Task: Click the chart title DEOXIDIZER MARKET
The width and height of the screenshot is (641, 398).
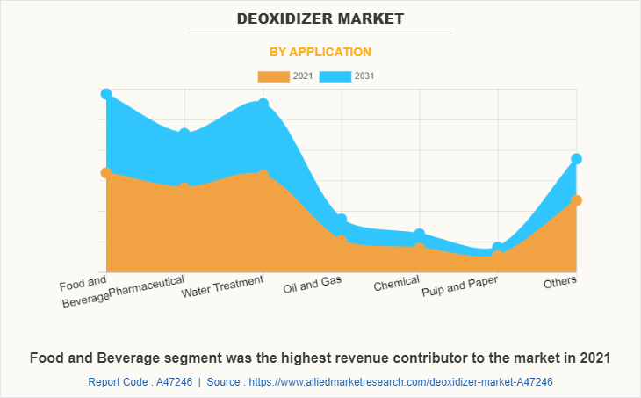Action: tap(320, 18)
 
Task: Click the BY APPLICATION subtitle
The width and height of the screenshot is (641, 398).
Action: tap(320, 52)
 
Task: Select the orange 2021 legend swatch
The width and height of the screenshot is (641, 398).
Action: tap(273, 76)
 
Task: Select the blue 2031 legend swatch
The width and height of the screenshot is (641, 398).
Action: tap(335, 76)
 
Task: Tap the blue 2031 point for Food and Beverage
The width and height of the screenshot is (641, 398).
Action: tap(106, 94)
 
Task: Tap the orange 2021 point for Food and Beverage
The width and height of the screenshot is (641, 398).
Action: tap(106, 173)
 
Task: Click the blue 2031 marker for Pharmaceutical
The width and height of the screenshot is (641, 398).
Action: tap(184, 134)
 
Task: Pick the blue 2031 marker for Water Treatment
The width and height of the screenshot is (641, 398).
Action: tap(263, 105)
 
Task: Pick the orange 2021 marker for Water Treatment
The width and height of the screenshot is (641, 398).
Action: tap(263, 176)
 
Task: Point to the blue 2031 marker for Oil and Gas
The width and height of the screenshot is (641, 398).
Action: tap(341, 219)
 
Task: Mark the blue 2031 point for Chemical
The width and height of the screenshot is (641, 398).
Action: tap(420, 234)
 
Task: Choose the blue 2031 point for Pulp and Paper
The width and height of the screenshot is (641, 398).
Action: tap(498, 248)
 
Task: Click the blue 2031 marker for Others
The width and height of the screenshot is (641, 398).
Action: tap(576, 159)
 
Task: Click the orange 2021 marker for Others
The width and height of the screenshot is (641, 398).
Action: tap(576, 200)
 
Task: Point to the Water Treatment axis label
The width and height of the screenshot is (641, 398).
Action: tap(222, 286)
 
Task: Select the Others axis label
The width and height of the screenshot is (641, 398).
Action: tap(560, 283)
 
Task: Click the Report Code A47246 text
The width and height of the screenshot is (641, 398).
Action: tap(140, 382)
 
